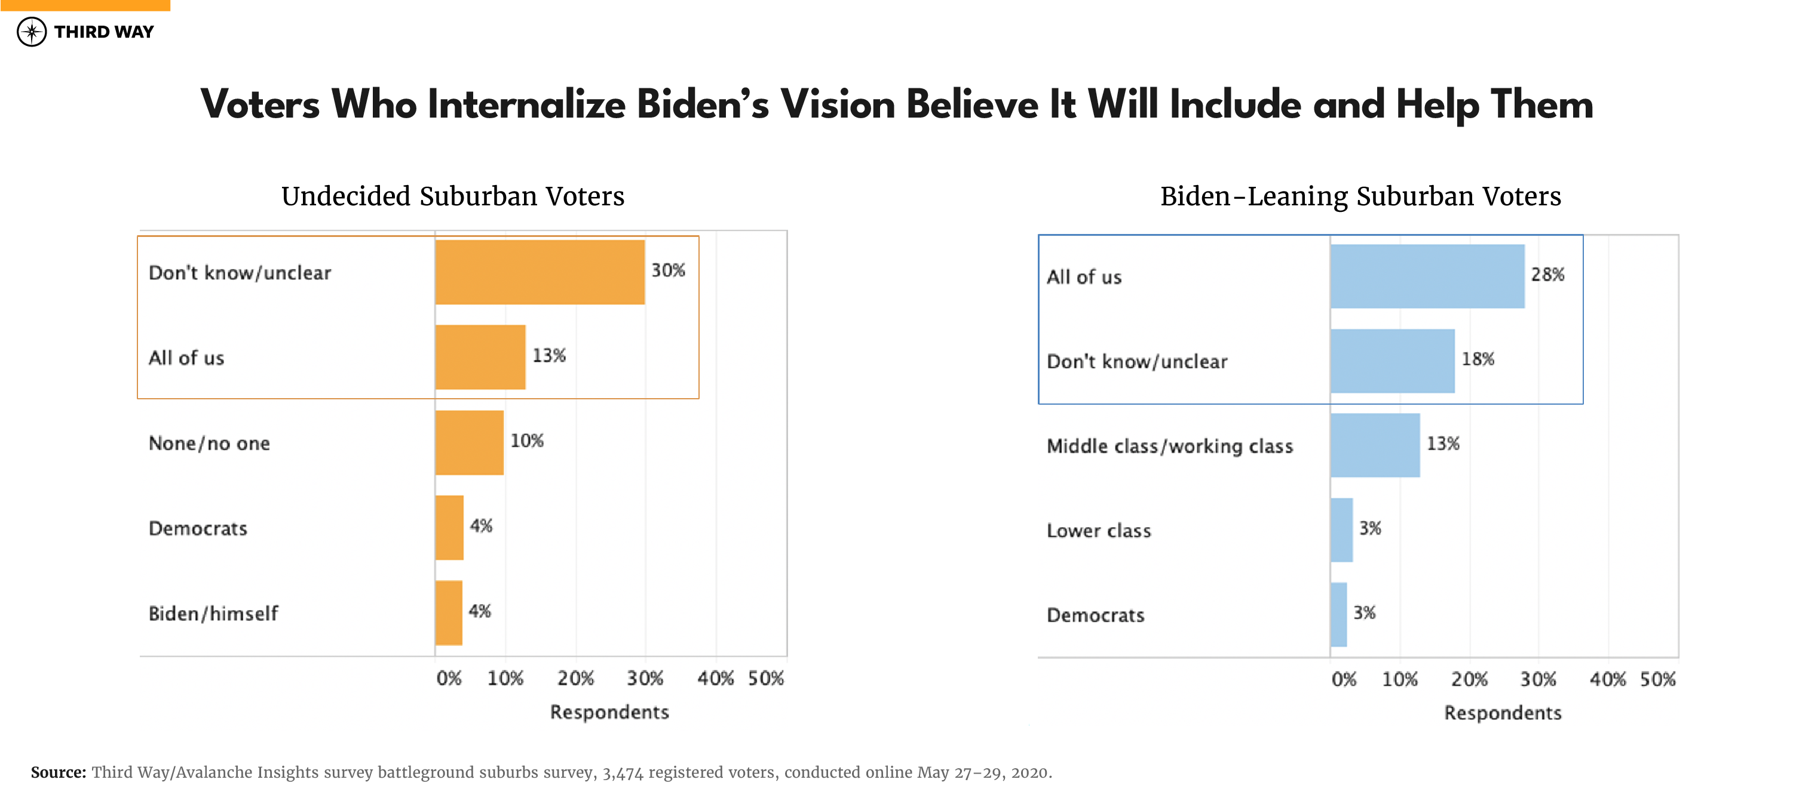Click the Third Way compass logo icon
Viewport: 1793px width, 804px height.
pos(31,32)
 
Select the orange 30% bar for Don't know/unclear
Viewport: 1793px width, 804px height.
pos(540,272)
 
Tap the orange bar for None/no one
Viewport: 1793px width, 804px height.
pos(469,442)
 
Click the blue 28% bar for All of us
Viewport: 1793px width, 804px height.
pos(1427,276)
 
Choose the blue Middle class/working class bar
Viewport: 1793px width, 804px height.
pos(1375,445)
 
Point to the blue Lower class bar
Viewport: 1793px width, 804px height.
pos(1341,530)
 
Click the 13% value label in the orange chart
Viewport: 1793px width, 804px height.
pos(549,355)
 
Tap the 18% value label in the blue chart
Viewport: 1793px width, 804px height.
pos(1478,359)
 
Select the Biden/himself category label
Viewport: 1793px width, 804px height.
pos(213,614)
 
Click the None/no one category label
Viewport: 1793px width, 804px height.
pos(209,443)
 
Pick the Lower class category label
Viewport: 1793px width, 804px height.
pos(1098,531)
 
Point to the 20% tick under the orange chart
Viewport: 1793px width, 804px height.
pos(575,678)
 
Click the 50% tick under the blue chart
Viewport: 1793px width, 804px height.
pos(1657,679)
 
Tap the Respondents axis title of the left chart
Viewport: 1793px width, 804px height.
pos(609,712)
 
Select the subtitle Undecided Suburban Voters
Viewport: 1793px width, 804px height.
pos(452,196)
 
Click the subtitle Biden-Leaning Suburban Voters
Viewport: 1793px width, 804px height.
pos(1360,196)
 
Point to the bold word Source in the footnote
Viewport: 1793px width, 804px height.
pos(58,772)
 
